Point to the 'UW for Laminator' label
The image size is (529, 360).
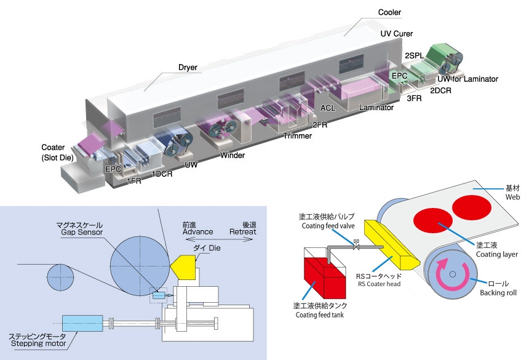[467, 79]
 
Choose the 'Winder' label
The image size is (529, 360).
[233, 155]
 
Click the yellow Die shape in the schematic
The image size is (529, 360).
[184, 266]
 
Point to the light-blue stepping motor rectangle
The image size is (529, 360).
[82, 322]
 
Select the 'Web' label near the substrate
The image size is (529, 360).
[512, 198]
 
